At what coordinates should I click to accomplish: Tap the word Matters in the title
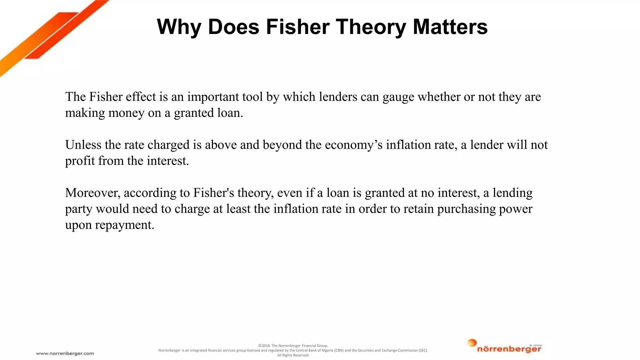450,27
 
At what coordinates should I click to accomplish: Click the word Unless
83,145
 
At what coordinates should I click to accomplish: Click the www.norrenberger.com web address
65,353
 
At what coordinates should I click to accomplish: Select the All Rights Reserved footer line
293,355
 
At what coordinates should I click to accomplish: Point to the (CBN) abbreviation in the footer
339,350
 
